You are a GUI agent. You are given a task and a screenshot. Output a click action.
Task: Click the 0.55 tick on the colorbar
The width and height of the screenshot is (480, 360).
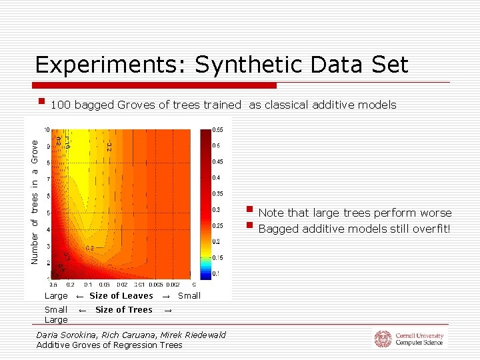pos(217,129)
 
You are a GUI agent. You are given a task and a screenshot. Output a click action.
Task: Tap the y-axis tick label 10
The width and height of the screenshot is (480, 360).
pos(46,129)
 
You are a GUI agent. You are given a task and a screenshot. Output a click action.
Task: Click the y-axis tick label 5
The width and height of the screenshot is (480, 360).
pos(47,213)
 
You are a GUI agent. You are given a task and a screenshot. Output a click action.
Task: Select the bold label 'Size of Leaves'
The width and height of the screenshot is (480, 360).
pos(121,296)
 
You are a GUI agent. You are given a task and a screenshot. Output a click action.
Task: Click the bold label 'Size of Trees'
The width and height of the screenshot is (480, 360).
pos(123,309)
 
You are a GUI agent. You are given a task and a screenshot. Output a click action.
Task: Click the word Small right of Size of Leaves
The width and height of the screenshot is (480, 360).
pos(189,296)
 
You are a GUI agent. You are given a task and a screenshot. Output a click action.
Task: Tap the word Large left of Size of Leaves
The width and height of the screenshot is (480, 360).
pos(56,296)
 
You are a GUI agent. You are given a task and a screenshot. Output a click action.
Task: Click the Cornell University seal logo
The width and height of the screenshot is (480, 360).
pos(383,339)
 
